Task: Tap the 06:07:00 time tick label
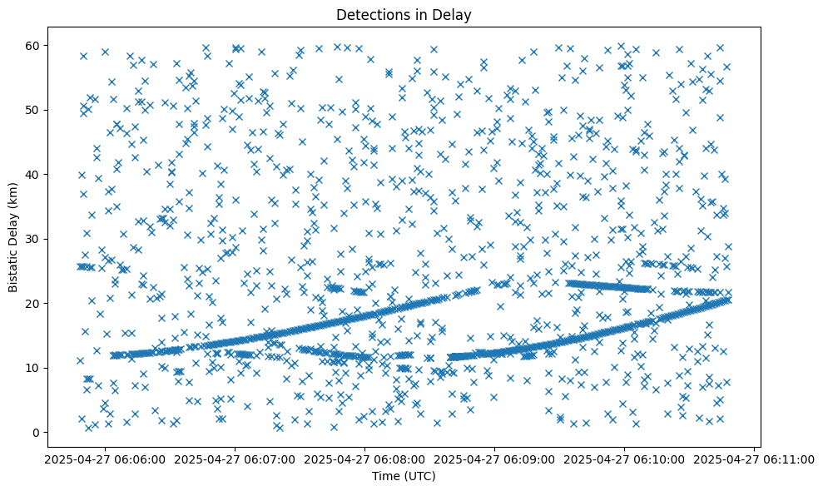(235, 458)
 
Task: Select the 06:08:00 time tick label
(364, 458)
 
